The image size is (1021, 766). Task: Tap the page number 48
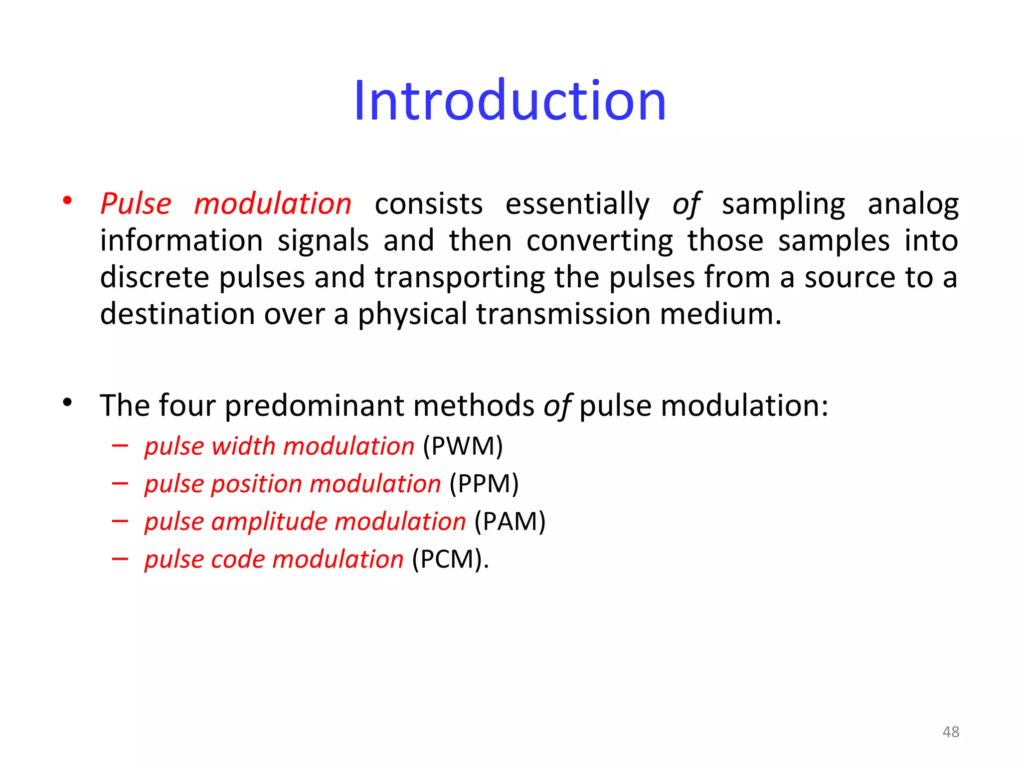[x=951, y=732]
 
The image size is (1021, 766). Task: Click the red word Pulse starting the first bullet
[x=136, y=204]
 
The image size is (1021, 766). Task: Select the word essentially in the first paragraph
[x=577, y=204]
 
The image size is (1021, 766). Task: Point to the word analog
[x=913, y=204]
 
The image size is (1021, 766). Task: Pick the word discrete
[x=154, y=277]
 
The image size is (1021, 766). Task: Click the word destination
[x=177, y=314]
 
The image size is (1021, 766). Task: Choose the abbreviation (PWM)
[x=463, y=446]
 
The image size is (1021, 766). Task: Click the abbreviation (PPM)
[x=484, y=484]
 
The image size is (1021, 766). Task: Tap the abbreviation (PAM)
[x=510, y=522]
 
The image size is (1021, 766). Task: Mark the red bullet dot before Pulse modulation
[x=67, y=200]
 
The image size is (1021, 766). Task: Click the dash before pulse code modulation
[x=120, y=559]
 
